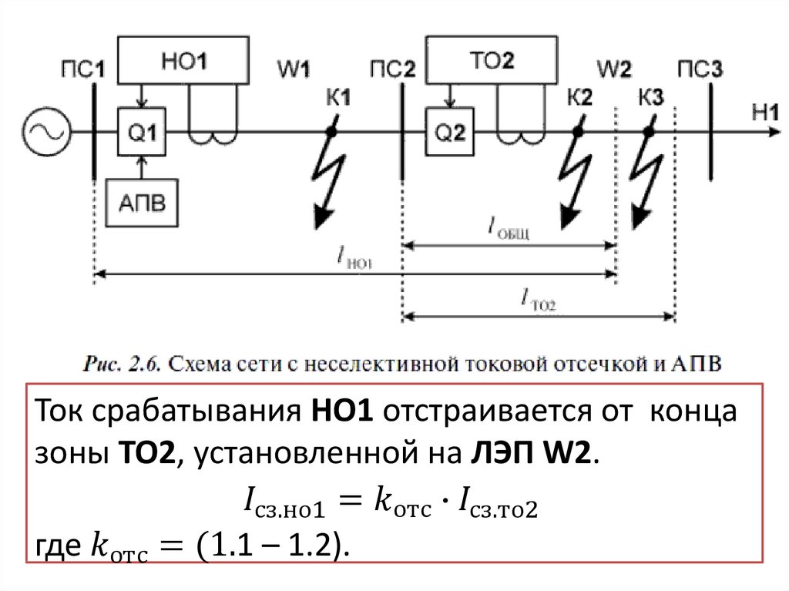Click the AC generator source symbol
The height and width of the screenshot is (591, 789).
pos(45,132)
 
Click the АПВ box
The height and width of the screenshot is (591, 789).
pos(141,203)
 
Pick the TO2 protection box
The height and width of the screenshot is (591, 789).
pos(491,62)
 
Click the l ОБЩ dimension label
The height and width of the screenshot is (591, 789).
pos(509,227)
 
